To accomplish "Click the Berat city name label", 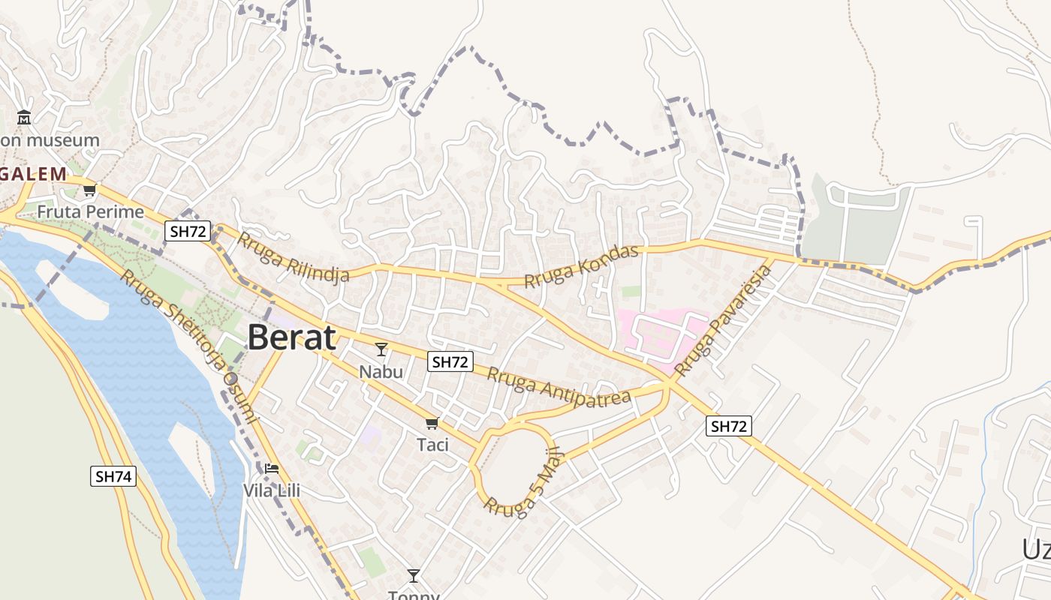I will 291,337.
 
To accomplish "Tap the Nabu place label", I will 381,371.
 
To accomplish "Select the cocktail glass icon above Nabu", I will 381,349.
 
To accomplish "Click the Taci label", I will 432,445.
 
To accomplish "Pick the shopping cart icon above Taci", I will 432,423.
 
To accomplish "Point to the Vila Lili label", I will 271,490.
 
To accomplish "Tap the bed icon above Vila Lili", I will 272,469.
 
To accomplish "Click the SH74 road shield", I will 113,475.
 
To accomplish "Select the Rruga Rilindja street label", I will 294,256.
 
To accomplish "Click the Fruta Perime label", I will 90,211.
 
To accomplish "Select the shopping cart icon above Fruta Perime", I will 90,190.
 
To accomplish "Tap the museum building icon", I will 24,118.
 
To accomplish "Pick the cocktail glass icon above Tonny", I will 413,575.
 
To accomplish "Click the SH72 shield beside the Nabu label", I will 450,361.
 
